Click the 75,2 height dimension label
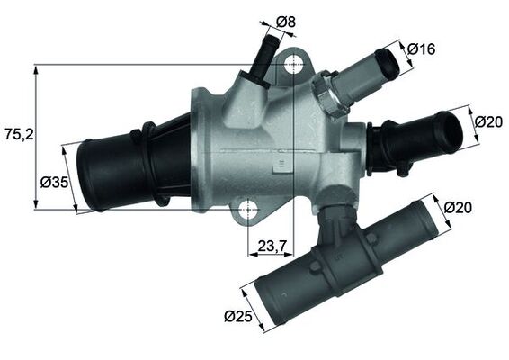pos(18,134)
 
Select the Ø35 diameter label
pos(55,183)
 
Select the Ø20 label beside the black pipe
pos(487,121)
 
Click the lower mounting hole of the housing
pos(246,210)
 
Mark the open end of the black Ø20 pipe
pos(449,132)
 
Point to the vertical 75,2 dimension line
pos(35,135)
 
